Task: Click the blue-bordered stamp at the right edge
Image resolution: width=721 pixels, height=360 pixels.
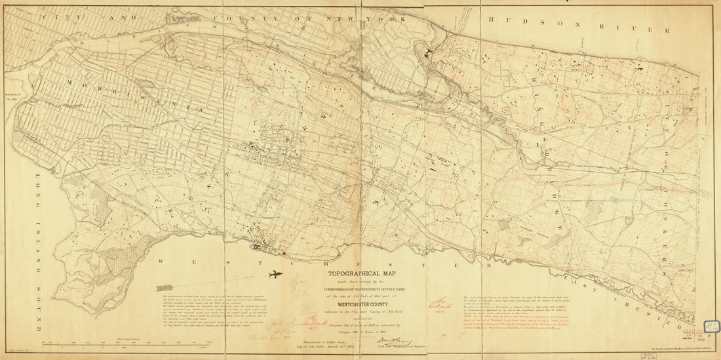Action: (x=711, y=326)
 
